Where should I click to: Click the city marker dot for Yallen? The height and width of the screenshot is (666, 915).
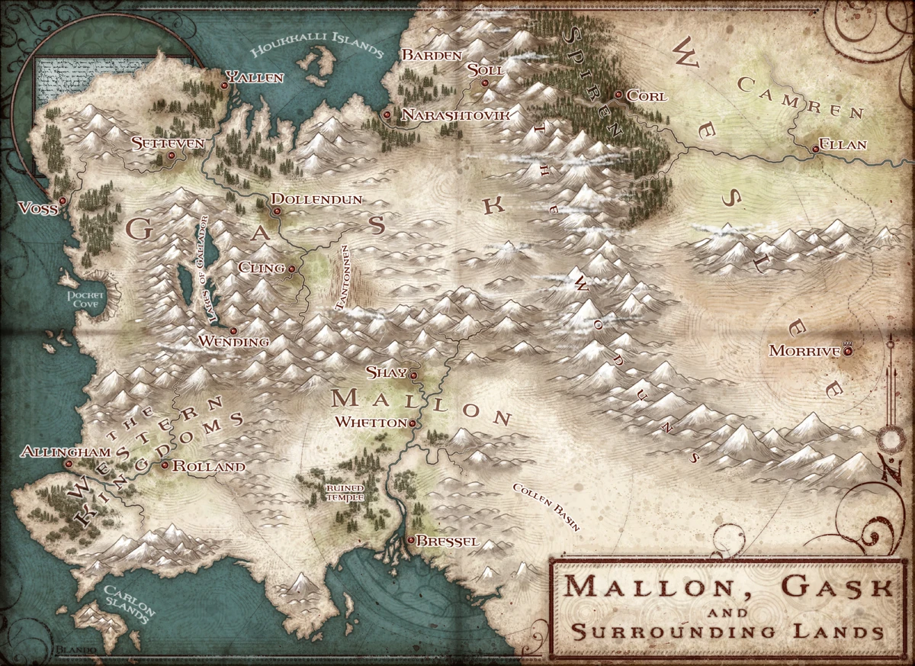point(224,86)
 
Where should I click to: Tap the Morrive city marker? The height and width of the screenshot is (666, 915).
point(847,351)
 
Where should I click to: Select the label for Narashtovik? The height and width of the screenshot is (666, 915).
point(454,114)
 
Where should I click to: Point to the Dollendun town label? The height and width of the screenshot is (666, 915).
point(316,199)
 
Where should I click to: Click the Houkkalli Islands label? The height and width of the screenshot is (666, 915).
point(316,48)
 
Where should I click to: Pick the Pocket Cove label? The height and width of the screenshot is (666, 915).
point(85,298)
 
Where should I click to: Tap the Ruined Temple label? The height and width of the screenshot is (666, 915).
point(345,492)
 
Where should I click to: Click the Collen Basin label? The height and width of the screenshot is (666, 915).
point(546,507)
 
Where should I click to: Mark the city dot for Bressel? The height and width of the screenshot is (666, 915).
point(411,540)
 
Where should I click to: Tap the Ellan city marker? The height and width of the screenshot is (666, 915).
point(815,150)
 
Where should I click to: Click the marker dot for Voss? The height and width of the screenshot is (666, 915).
point(63,201)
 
